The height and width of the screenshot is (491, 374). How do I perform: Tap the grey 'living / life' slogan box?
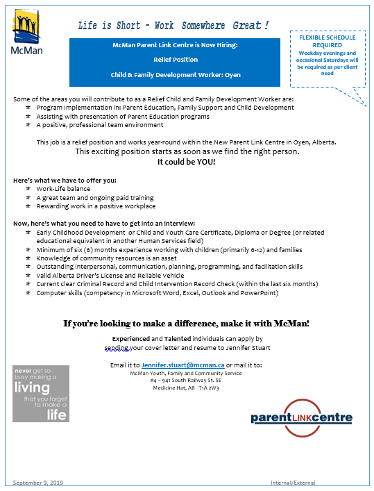(x=40, y=393)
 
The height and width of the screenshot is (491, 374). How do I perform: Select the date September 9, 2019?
(x=38, y=482)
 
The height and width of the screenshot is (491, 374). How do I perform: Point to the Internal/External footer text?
(x=293, y=482)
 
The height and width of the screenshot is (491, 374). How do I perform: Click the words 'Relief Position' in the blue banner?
(x=175, y=59)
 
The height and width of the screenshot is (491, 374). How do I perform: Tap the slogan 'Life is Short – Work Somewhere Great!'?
(x=173, y=26)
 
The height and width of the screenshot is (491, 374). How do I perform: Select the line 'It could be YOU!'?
(x=187, y=162)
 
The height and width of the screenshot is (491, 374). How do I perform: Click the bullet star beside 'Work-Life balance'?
(x=28, y=189)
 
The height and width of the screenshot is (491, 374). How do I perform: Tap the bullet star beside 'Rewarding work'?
(x=28, y=206)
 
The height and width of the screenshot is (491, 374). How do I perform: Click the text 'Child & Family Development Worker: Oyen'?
(x=175, y=74)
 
